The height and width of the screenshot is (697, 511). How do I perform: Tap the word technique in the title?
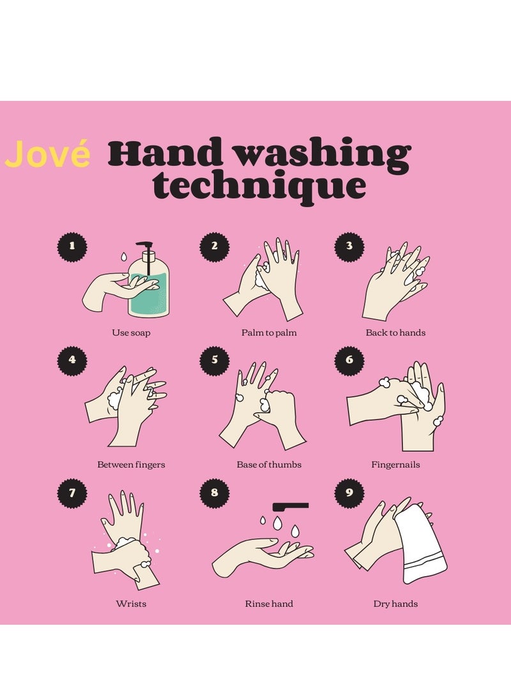pos(260,187)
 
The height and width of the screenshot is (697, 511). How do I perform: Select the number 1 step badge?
pos(72,245)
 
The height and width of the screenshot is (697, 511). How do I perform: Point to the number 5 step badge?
pos(215,360)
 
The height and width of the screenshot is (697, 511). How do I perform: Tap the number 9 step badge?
pos(349,492)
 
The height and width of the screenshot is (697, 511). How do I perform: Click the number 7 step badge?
pos(72,492)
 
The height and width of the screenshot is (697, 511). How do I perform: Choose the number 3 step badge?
pos(349,245)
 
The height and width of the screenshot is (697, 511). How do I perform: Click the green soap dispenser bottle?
pos(149,291)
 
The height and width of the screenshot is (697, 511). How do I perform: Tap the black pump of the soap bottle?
pos(146,250)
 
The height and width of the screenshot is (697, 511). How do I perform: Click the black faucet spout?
pos(291,506)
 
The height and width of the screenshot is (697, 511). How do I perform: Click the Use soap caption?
pos(131,333)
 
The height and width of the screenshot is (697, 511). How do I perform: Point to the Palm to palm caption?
pos(269,333)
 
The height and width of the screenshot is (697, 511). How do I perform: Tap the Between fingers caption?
pos(131,464)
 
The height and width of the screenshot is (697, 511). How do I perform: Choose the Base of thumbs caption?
pos(269,464)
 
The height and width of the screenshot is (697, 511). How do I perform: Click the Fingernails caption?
pos(395,464)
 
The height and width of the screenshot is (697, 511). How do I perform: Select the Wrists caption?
pos(131,604)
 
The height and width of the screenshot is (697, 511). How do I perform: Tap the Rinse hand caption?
pos(269,604)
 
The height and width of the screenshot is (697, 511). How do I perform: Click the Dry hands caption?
pos(395,604)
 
